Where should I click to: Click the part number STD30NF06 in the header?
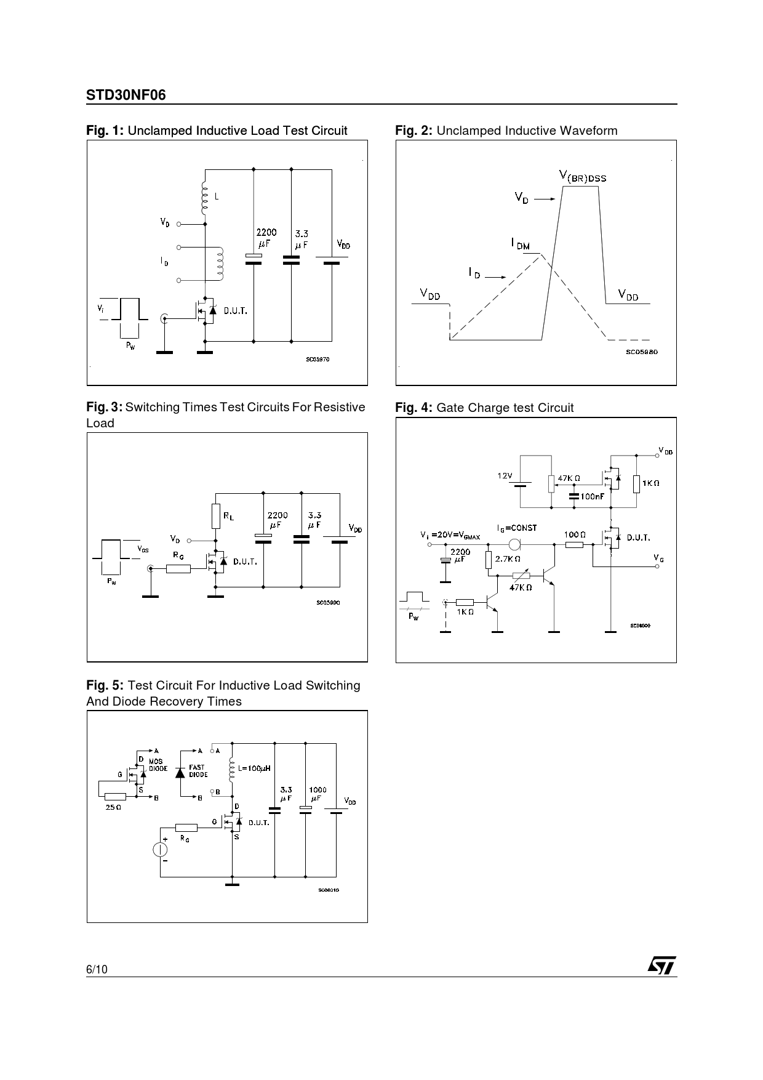pos(126,95)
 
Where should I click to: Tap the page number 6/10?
pos(97,969)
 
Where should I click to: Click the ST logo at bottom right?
pos(661,965)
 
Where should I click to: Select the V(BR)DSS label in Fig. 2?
pos(582,177)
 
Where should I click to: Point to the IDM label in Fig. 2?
pos(520,244)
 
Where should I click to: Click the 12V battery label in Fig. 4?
pos(505,475)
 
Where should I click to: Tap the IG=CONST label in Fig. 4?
pos(517,528)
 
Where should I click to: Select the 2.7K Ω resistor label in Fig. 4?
pos(508,559)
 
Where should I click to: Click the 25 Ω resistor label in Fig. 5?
pos(113,807)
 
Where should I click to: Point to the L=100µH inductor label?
pos(254,768)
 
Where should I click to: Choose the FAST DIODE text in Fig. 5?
pos(198,771)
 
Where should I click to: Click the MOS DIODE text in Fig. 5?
pos(158,765)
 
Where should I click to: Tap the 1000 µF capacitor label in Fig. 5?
pos(318,794)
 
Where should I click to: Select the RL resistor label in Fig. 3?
pos(228,517)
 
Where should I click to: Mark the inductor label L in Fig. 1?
pos(216,197)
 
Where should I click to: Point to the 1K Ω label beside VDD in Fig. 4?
pos(650,483)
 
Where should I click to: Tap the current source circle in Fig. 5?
pos(160,850)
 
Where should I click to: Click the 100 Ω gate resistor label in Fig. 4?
pos(575,534)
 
